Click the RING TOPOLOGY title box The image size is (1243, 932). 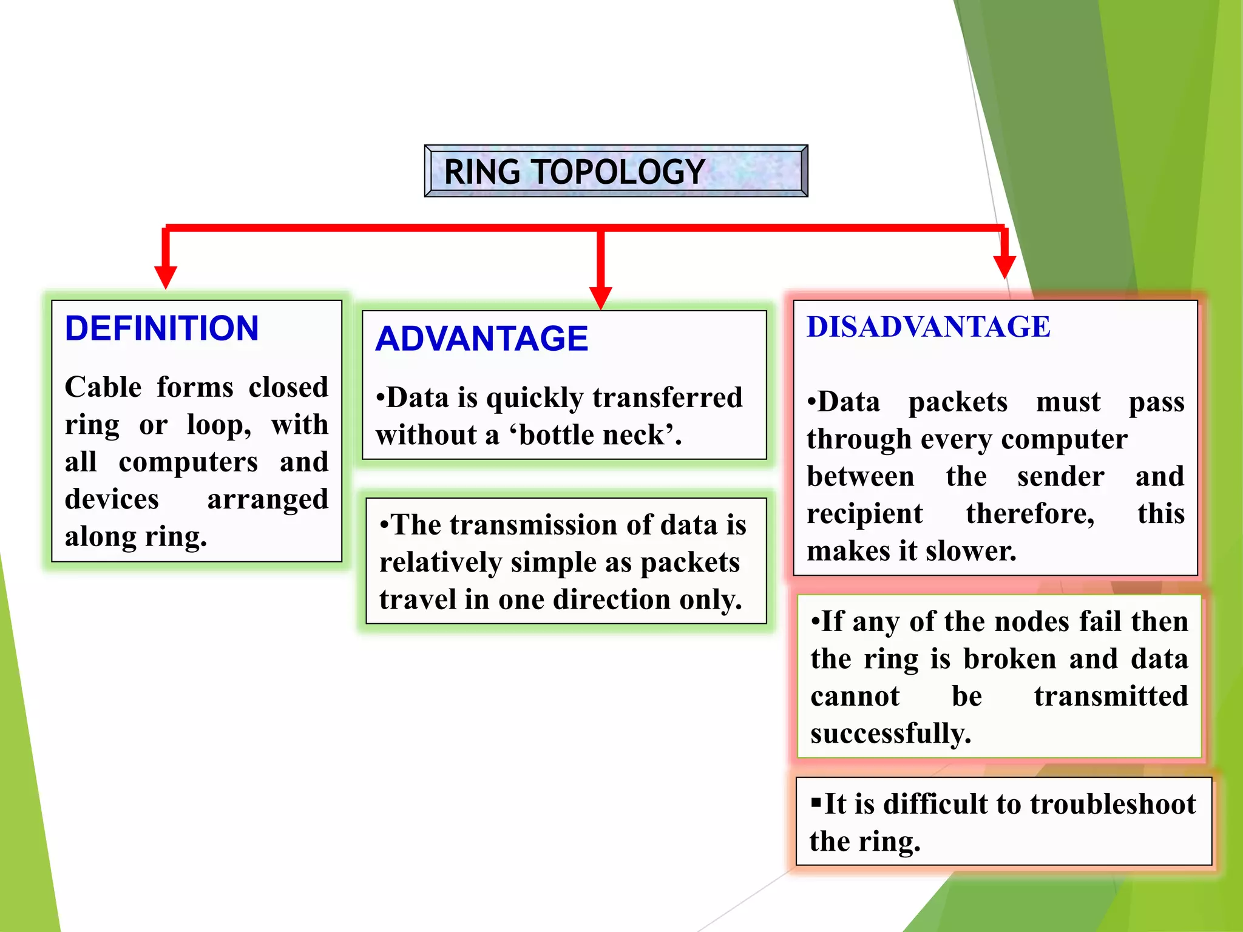[615, 171]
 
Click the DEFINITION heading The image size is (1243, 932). [161, 328]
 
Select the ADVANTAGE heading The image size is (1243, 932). [481, 339]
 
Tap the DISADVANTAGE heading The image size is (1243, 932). [928, 327]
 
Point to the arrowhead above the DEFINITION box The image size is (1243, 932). [165, 277]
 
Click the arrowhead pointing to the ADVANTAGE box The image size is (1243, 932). [600, 297]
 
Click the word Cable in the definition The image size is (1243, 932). [103, 387]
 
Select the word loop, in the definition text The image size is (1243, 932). [218, 425]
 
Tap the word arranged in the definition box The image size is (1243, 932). [267, 499]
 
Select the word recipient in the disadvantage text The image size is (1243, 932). [864, 514]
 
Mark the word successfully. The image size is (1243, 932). [890, 734]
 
